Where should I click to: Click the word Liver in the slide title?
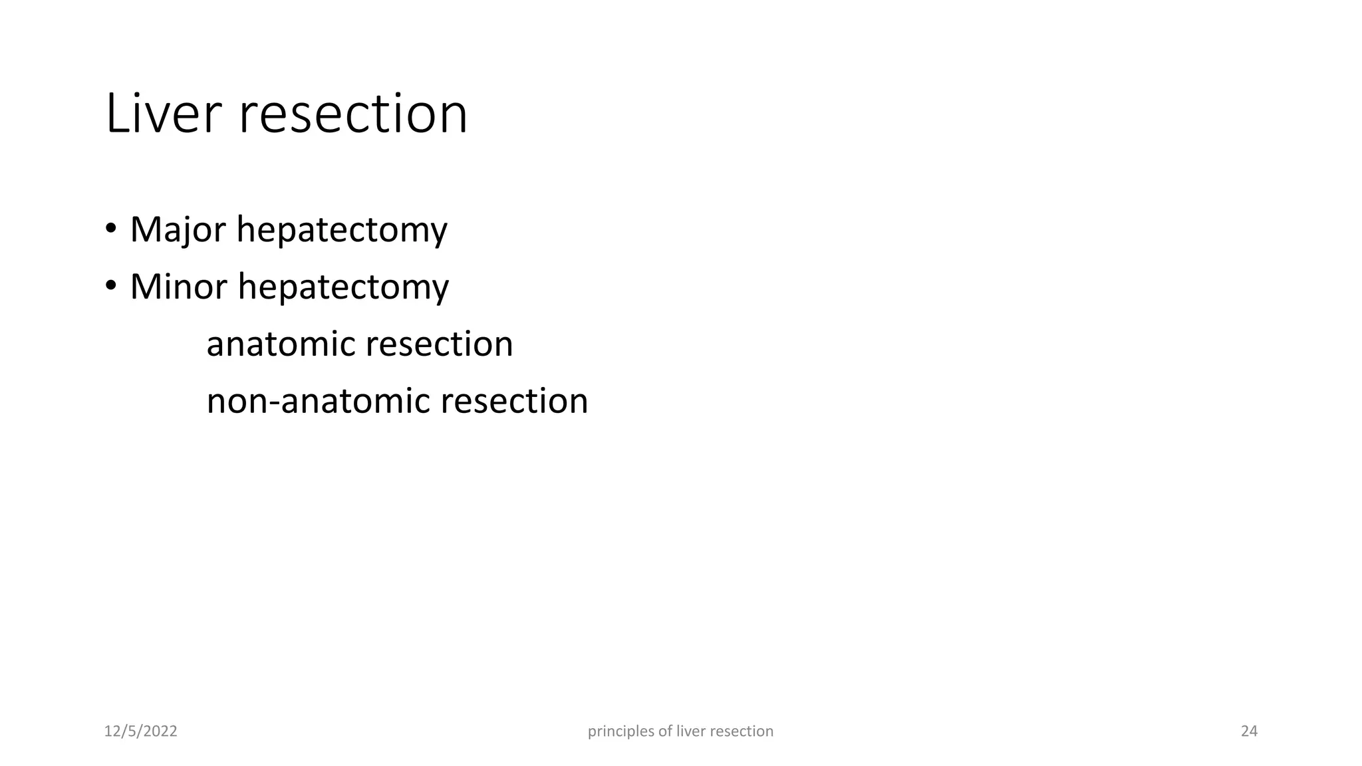(162, 114)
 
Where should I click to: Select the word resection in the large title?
(353, 114)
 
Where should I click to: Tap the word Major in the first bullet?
(178, 229)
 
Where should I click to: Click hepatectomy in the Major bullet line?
(342, 231)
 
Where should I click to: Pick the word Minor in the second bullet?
(179, 287)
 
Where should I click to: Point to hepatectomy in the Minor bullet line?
(343, 288)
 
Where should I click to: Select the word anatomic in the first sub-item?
(280, 344)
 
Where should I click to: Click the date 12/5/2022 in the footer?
(141, 731)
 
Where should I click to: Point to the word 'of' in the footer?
(665, 731)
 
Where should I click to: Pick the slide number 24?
(1249, 731)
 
